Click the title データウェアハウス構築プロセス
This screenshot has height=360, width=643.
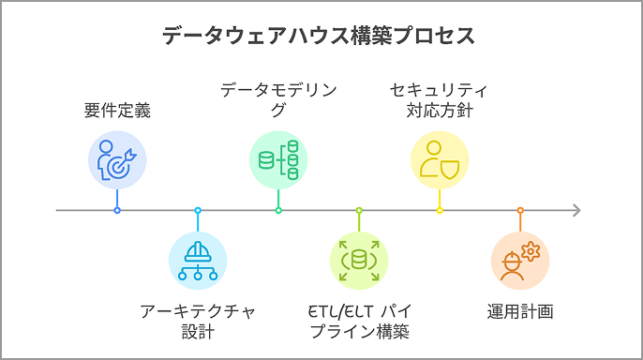[318, 37]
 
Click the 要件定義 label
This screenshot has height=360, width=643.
[117, 111]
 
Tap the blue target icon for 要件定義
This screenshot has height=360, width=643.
[117, 158]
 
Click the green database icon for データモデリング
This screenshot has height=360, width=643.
[278, 159]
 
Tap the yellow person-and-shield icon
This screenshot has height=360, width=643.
[439, 159]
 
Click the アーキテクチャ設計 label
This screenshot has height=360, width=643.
[198, 320]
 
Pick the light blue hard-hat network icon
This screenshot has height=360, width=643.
[198, 260]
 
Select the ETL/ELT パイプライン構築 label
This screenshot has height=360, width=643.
[359, 320]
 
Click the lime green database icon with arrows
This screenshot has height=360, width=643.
[359, 260]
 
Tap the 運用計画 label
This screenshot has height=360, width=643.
[520, 310]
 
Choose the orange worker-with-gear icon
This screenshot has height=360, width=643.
[520, 260]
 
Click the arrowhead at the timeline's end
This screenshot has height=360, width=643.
[576, 210]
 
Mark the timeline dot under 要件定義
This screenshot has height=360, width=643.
[117, 210]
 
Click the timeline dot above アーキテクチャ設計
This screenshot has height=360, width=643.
[198, 210]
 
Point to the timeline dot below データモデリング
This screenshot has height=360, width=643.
[278, 210]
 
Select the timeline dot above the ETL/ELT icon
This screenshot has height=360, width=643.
[359, 210]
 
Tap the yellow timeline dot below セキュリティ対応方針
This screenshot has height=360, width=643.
[439, 210]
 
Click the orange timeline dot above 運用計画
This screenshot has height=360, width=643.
[520, 210]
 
